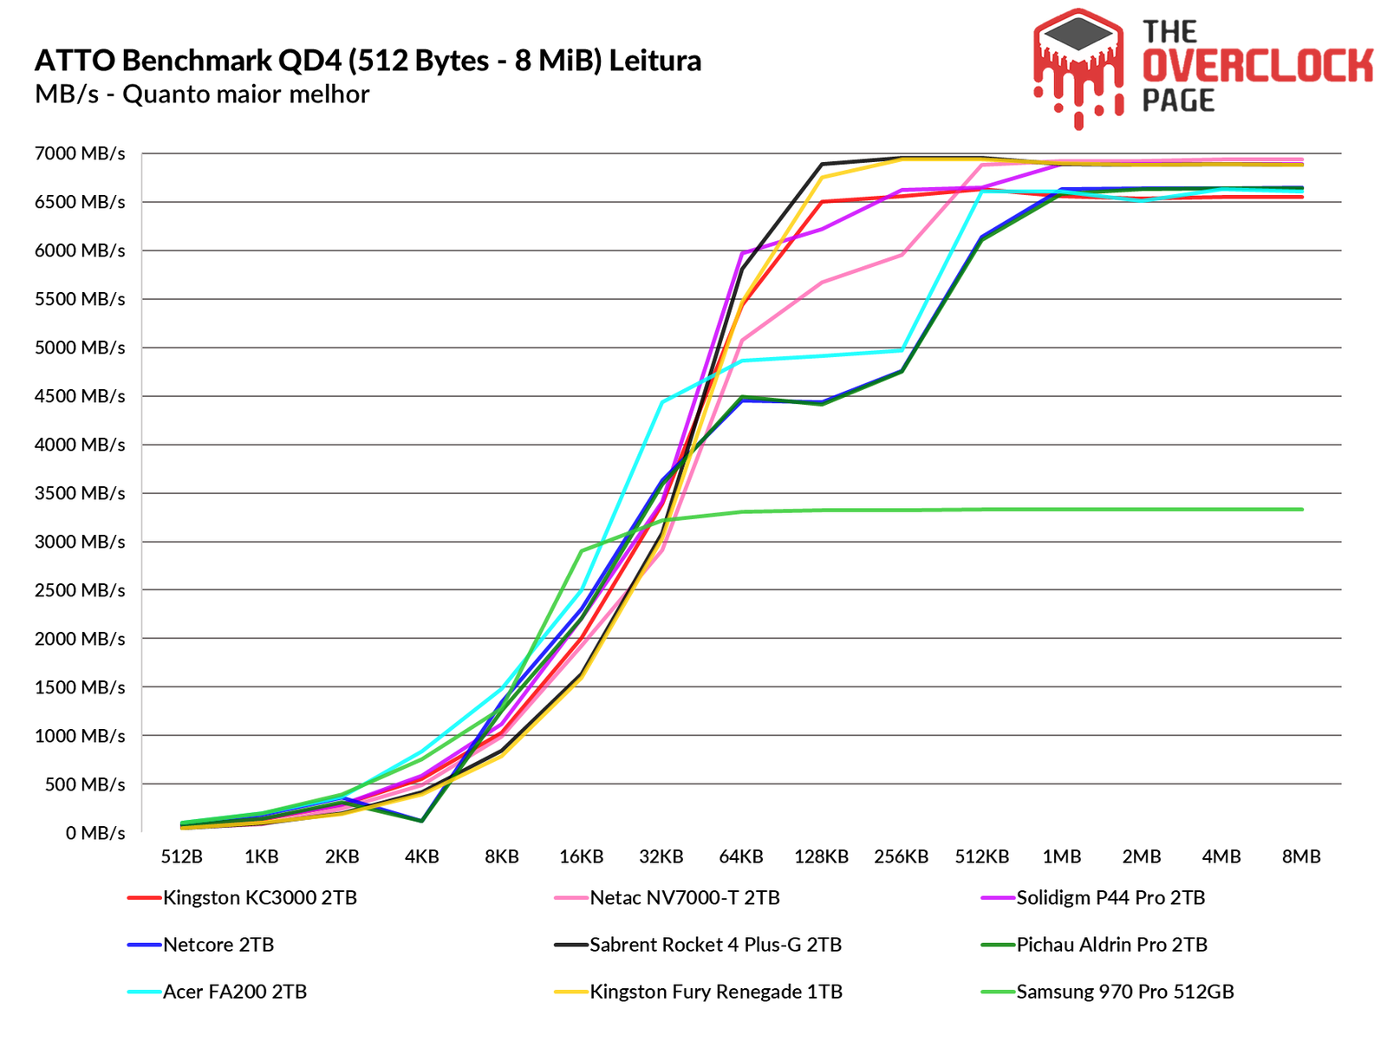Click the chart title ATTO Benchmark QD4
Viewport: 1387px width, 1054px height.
368,61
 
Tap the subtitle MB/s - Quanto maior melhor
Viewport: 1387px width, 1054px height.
202,94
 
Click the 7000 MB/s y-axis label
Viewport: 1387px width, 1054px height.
80,154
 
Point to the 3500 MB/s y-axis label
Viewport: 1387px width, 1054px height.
80,493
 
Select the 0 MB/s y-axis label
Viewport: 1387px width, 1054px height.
95,833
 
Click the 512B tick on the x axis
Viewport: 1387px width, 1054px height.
182,856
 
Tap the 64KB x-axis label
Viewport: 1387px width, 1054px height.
741,856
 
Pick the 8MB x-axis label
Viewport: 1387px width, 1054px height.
1301,856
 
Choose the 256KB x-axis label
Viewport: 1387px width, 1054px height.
902,856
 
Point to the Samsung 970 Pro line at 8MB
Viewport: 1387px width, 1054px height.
1301,510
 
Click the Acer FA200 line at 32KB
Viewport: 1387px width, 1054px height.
661,402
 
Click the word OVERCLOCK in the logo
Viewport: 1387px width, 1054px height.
1257,66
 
